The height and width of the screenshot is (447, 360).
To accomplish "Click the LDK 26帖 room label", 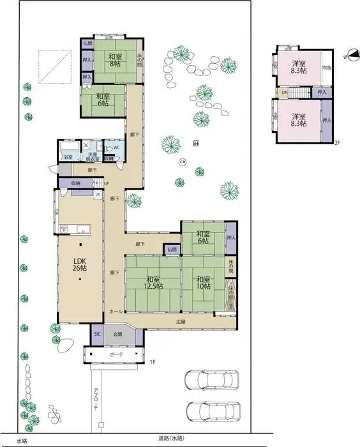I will (x=80, y=264).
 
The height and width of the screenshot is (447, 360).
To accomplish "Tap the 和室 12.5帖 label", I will (x=153, y=283).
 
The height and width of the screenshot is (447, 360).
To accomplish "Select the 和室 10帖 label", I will (x=203, y=283).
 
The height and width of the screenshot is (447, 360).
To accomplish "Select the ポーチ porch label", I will (x=116, y=354).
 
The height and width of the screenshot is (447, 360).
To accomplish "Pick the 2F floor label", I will (x=337, y=144).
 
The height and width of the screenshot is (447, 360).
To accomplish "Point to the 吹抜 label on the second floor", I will (x=326, y=67).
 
